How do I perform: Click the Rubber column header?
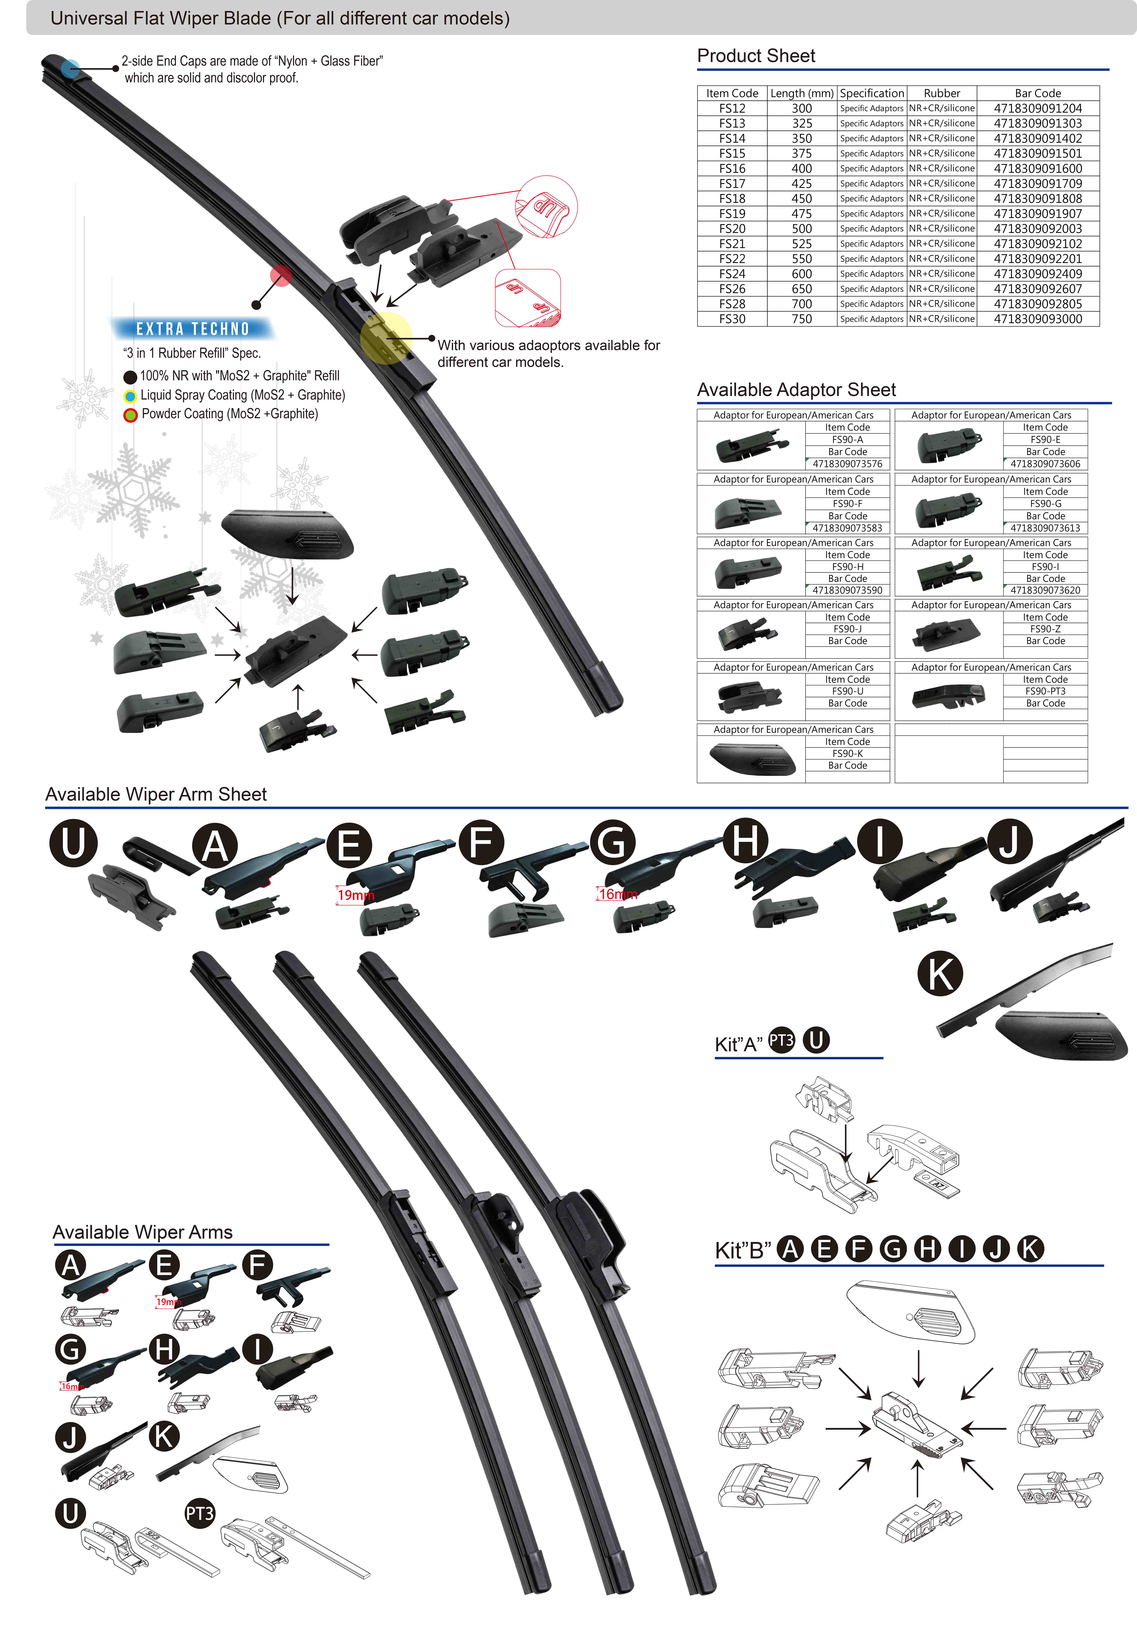pyautogui.click(x=942, y=93)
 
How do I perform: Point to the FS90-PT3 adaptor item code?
pyautogui.click(x=1045, y=691)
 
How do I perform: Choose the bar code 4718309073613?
pyautogui.click(x=1045, y=528)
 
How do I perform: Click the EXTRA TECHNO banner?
pyautogui.click(x=192, y=328)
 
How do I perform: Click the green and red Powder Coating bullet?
pyautogui.click(x=130, y=415)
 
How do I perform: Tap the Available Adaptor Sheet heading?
pyautogui.click(x=796, y=390)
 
